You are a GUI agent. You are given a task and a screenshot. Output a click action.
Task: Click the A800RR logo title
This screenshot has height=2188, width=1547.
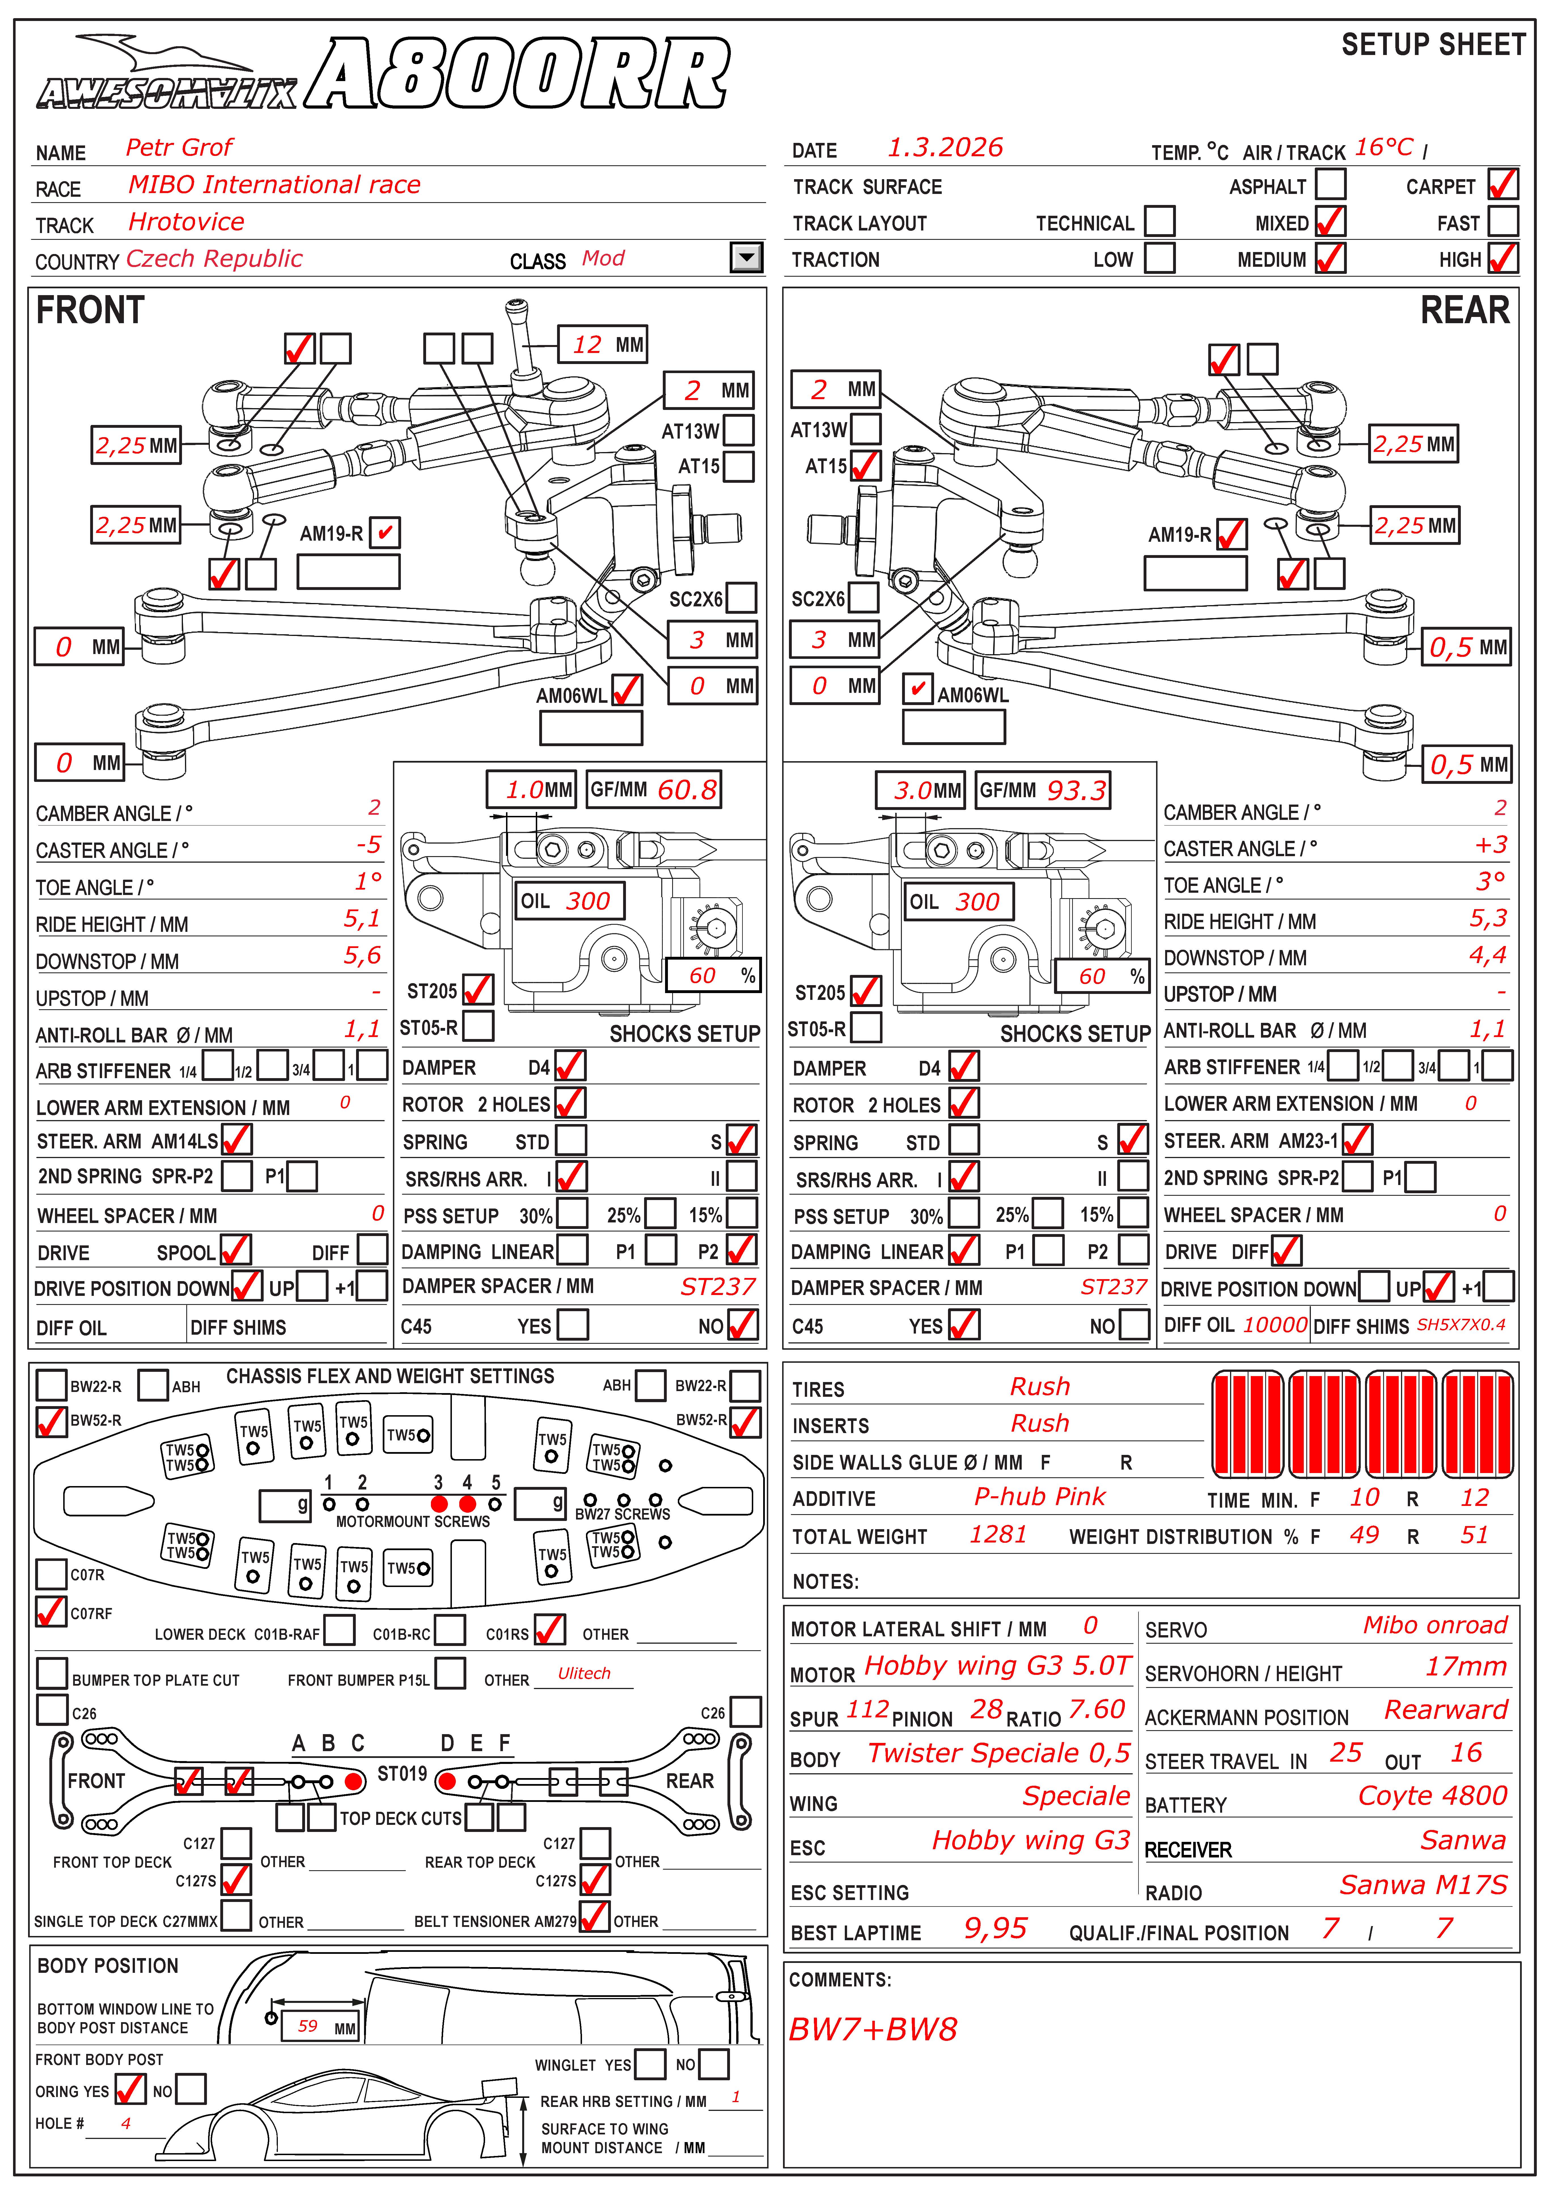519,74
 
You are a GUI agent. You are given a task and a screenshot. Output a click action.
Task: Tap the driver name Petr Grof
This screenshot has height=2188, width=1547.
179,148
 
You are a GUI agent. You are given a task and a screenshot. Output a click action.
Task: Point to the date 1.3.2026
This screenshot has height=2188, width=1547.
945,148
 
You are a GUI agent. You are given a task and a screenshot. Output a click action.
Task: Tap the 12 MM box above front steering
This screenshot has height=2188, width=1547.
603,345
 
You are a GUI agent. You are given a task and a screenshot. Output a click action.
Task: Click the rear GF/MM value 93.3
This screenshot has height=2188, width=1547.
1076,790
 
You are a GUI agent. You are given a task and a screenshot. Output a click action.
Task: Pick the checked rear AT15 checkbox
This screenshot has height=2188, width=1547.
865,466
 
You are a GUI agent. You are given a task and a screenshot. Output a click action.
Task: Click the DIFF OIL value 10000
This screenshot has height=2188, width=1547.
1274,1324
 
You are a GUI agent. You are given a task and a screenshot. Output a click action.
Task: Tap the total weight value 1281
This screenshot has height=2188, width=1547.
998,1534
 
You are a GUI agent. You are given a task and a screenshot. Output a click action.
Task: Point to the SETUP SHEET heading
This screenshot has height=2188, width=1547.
1433,45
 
